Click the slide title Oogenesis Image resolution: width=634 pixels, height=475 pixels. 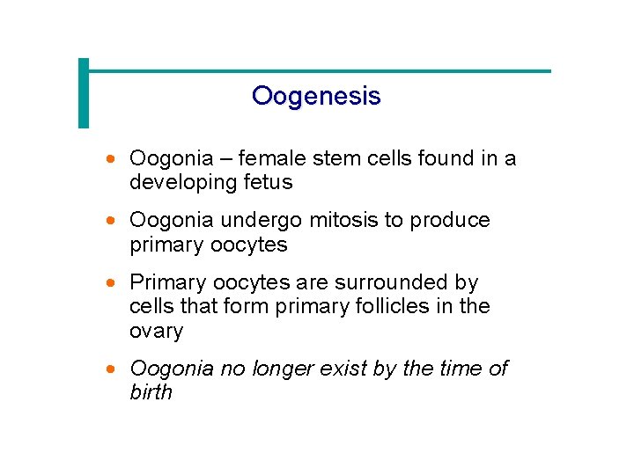[x=316, y=96]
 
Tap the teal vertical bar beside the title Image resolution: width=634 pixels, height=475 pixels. [x=84, y=92]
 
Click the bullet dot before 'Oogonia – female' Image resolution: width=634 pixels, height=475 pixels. [x=110, y=160]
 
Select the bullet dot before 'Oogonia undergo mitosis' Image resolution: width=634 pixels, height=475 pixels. [x=110, y=222]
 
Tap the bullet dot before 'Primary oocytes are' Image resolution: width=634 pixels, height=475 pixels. [x=110, y=284]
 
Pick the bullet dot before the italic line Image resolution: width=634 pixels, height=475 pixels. [x=110, y=369]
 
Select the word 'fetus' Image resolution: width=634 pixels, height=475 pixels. [x=269, y=183]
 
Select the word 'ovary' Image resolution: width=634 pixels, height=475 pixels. [x=156, y=332]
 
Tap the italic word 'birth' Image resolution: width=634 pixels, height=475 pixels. [x=151, y=392]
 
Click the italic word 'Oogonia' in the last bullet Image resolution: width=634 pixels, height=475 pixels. [x=172, y=369]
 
